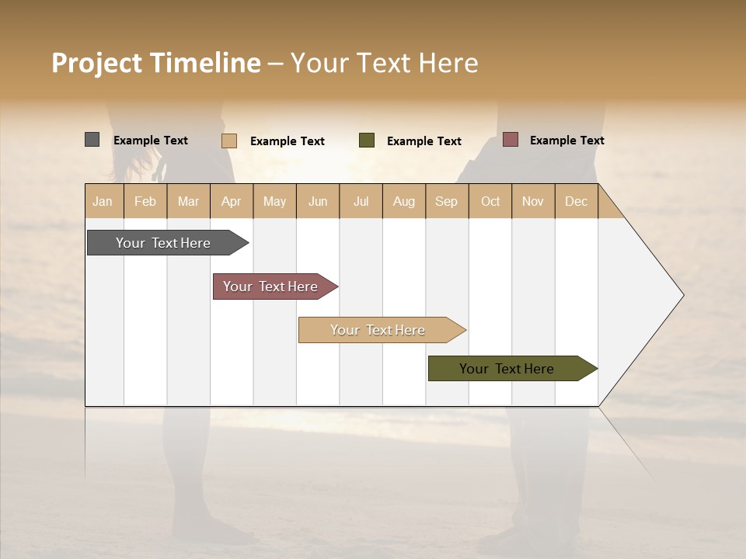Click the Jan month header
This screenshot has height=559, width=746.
[103, 201]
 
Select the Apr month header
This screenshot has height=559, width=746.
[231, 201]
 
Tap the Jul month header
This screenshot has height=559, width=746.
[361, 201]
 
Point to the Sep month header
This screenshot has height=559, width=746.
[446, 201]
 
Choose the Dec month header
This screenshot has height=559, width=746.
[576, 201]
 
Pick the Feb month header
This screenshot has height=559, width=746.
[145, 201]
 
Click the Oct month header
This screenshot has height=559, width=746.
[490, 201]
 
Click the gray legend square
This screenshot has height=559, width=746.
[92, 140]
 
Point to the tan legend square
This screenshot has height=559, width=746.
[228, 141]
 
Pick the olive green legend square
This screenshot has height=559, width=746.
[367, 141]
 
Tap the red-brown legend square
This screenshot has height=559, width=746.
[510, 140]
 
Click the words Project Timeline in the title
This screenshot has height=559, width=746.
[155, 63]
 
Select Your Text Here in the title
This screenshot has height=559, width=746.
[384, 63]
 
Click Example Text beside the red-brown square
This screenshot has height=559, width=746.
[566, 141]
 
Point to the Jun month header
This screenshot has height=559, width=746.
[318, 201]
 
